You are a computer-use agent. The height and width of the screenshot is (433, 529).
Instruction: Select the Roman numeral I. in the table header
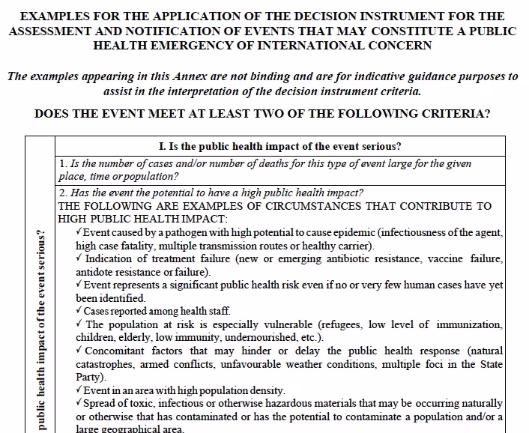[163, 145]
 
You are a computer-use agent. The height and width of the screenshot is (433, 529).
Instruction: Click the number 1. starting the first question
[63, 163]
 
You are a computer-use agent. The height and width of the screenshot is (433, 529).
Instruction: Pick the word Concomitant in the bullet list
[115, 351]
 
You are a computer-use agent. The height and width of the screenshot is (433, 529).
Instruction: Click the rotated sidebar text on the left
[41, 330]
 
